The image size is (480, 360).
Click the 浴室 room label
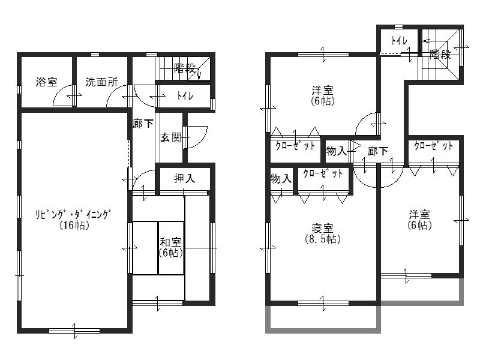[x=46, y=82]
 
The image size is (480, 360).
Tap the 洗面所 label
[x=101, y=82]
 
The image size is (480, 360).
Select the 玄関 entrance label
[x=171, y=137]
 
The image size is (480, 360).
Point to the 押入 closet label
[x=184, y=178]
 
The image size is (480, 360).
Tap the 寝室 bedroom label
[x=323, y=228]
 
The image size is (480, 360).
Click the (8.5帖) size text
[x=323, y=239]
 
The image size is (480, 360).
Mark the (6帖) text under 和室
[x=171, y=253]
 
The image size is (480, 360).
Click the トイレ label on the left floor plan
[x=184, y=96]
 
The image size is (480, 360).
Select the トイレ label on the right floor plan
[x=399, y=41]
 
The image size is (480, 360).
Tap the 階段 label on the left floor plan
[x=185, y=68]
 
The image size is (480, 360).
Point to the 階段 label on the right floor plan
[x=440, y=55]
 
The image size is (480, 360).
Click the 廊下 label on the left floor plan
[x=142, y=124]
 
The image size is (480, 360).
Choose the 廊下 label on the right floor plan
[x=377, y=151]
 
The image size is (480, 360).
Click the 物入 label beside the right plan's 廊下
[x=337, y=151]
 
